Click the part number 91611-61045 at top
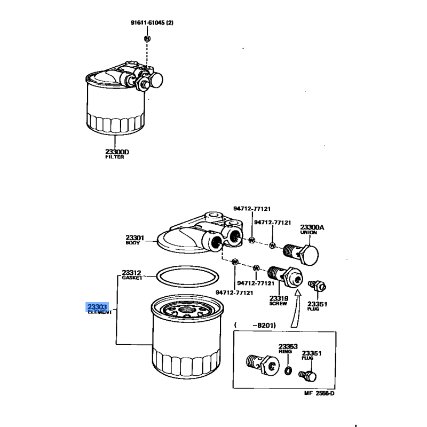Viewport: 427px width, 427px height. pyautogui.click(x=148, y=22)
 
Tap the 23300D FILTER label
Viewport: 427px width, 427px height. pyautogui.click(x=117, y=154)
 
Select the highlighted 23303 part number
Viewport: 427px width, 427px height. pyautogui.click(x=97, y=307)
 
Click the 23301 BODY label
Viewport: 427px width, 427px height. pyautogui.click(x=135, y=240)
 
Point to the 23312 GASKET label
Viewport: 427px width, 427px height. pyautogui.click(x=132, y=275)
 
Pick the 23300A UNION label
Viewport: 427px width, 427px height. pyautogui.click(x=312, y=230)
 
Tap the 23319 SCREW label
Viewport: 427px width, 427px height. pyautogui.click(x=279, y=301)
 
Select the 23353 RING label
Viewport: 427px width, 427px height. pyautogui.click(x=288, y=349)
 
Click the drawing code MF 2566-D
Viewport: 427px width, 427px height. pyautogui.click(x=319, y=393)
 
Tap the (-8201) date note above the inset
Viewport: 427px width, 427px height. pyautogui.click(x=255, y=325)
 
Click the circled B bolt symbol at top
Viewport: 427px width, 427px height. pyautogui.click(x=147, y=38)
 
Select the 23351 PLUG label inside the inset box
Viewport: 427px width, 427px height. pyautogui.click(x=312, y=355)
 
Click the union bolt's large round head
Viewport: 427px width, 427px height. pyautogui.click(x=311, y=255)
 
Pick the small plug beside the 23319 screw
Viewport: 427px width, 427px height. pyautogui.click(x=317, y=286)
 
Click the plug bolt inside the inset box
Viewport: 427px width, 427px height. pyautogui.click(x=308, y=376)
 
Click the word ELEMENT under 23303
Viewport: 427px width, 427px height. pyautogui.click(x=100, y=312)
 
